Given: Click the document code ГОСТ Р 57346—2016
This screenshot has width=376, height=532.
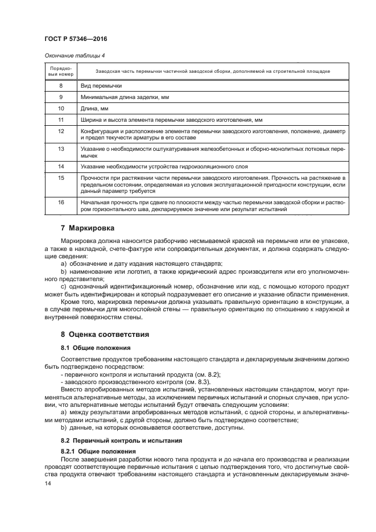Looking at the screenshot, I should (x=76, y=39).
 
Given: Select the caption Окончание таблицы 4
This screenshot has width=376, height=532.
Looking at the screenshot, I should (x=75, y=55).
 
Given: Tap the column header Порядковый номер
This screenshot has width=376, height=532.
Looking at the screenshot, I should (x=60, y=71).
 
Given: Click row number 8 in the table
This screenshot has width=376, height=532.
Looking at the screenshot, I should (x=60, y=85).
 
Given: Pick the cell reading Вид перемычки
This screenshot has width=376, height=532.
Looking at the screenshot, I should (x=101, y=85).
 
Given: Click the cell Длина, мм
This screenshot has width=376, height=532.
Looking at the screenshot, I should (x=94, y=109).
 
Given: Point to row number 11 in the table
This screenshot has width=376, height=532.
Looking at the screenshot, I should (x=60, y=120).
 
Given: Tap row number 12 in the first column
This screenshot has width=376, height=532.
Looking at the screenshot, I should (x=60, y=131).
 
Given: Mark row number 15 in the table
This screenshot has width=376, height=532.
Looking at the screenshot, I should (x=60, y=178).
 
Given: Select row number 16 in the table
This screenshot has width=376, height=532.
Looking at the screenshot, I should (x=60, y=202).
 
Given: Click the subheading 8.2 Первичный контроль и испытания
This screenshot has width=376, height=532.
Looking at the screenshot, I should (x=122, y=440).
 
